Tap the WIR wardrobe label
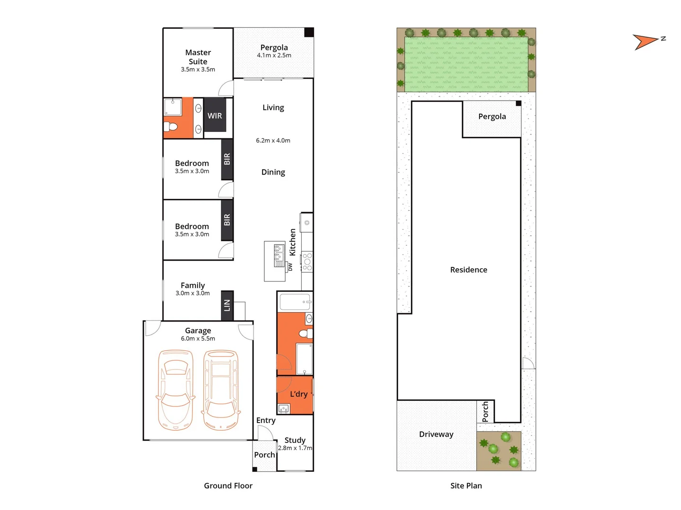[215, 116]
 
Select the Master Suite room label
[198, 57]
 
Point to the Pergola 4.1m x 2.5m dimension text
[274, 55]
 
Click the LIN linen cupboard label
[227, 306]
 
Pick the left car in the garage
[176, 390]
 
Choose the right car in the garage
[220, 390]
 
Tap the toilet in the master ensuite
[172, 127]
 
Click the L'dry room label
[298, 394]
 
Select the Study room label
[295, 440]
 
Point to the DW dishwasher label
[290, 267]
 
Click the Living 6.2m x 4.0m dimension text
[273, 140]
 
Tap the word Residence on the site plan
[468, 270]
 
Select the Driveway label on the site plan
[436, 434]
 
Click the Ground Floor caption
[228, 485]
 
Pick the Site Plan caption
[466, 485]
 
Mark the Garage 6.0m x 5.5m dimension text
[198, 339]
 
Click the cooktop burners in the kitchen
[307, 262]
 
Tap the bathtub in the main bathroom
[295, 301]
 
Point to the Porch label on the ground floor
[264, 455]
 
